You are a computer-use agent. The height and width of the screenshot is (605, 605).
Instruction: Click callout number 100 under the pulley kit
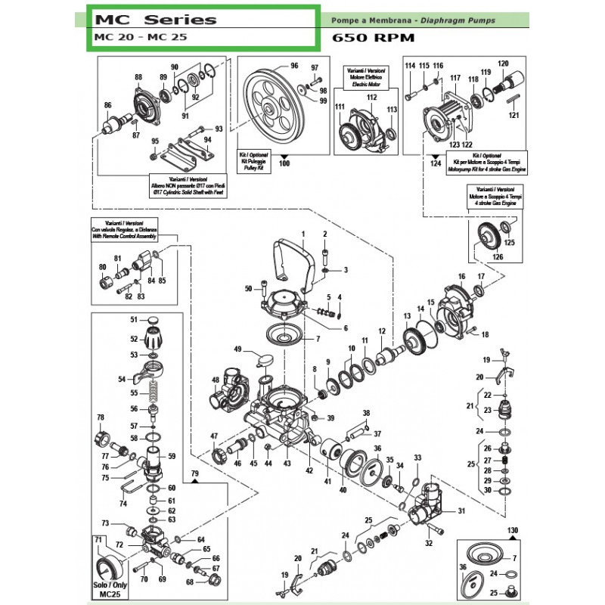click(284, 163)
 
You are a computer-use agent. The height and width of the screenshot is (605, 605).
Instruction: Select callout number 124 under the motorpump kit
click(434, 163)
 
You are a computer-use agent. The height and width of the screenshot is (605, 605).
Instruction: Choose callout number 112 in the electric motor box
click(371, 98)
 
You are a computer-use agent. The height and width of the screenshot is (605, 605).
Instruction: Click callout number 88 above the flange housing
click(138, 77)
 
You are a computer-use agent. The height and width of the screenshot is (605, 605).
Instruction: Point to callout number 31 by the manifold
click(461, 511)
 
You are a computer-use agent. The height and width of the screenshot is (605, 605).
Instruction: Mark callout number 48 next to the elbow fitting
click(216, 380)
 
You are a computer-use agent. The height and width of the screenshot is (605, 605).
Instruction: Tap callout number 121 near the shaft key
click(514, 115)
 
